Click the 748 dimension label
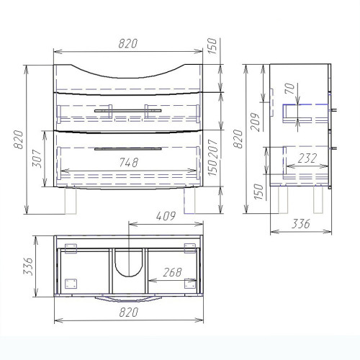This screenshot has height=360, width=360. point(129,163)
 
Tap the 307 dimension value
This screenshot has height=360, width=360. point(37,158)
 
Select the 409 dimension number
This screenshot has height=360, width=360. point(166,217)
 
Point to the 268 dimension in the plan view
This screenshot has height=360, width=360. point(172,272)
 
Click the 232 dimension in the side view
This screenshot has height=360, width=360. point(307,158)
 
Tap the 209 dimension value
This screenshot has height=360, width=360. point(256,122)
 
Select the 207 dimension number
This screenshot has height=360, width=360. point(213,149)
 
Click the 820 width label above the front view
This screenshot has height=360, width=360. point(128,44)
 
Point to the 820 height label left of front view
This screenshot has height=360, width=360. point(18,140)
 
